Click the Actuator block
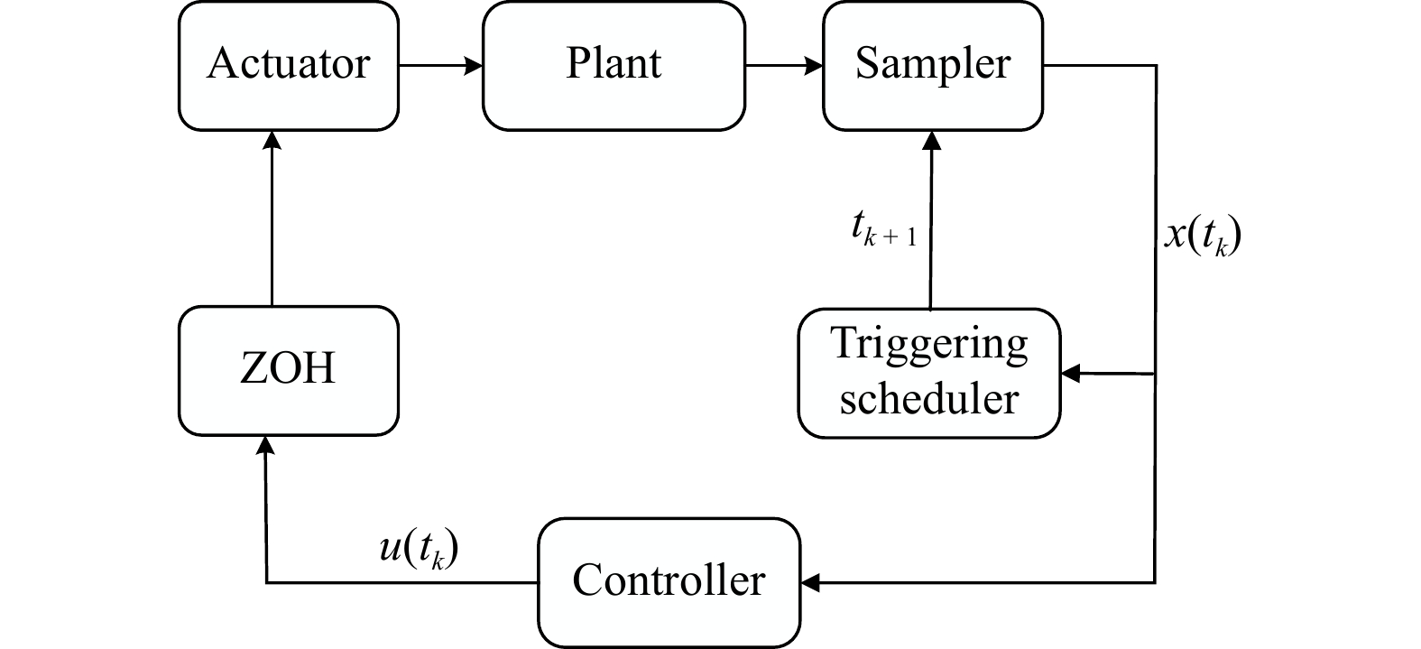click(x=289, y=65)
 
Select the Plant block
click(x=614, y=65)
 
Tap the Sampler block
click(x=933, y=65)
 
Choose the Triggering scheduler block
click(x=929, y=373)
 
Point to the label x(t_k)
click(x=1203, y=236)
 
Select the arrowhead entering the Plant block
click(x=475, y=65)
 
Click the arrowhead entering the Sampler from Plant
click(x=815, y=65)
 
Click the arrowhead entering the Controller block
click(x=809, y=582)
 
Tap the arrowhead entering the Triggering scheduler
click(x=1070, y=373)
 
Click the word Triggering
click(x=929, y=346)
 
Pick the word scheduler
click(x=929, y=398)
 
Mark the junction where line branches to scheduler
click(x=1156, y=373)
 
